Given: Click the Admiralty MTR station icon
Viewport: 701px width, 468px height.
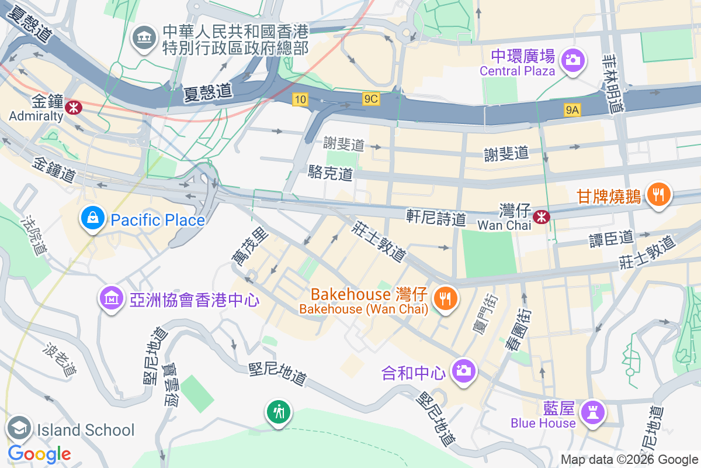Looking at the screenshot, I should pyautogui.click(x=73, y=106).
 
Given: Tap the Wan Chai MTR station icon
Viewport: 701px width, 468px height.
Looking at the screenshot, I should pyautogui.click(x=542, y=216).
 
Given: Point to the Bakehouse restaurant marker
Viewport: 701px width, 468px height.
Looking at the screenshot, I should pyautogui.click(x=445, y=299).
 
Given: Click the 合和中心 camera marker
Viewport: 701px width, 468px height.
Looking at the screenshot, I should pyautogui.click(x=464, y=370).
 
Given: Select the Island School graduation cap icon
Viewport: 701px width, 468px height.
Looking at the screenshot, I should pyautogui.click(x=19, y=429).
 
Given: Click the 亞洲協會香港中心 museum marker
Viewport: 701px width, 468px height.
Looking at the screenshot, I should pyautogui.click(x=111, y=299).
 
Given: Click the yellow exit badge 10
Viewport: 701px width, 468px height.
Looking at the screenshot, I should pyautogui.click(x=300, y=99).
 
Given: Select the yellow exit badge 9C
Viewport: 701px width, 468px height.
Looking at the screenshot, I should pyautogui.click(x=371, y=99).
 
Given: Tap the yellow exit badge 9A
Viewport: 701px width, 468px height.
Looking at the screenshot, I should pyautogui.click(x=572, y=109).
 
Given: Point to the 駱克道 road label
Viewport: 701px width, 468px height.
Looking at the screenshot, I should pyautogui.click(x=331, y=173).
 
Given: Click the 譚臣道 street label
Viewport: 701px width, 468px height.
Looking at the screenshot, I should pyautogui.click(x=611, y=238).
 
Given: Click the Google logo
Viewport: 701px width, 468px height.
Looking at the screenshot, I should pyautogui.click(x=39, y=453).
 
